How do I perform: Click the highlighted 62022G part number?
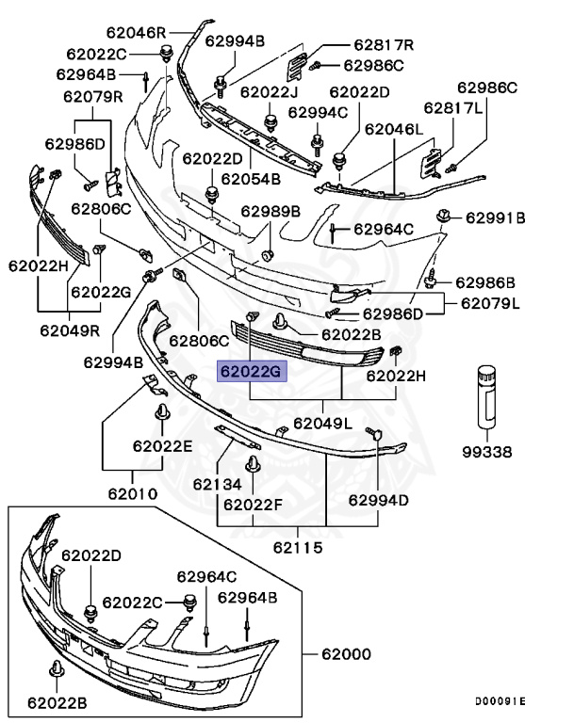[x=251, y=373]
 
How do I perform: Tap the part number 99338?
[x=487, y=453]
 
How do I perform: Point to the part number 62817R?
[x=385, y=44]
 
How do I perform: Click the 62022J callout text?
[x=269, y=92]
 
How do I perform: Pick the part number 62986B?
[x=485, y=282]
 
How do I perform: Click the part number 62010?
[x=132, y=492]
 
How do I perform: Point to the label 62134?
[x=219, y=484]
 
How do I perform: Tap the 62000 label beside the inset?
[x=346, y=653]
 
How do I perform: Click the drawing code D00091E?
[x=500, y=701]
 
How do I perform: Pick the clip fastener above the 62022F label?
[x=254, y=465]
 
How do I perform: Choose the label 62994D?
[x=379, y=500]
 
